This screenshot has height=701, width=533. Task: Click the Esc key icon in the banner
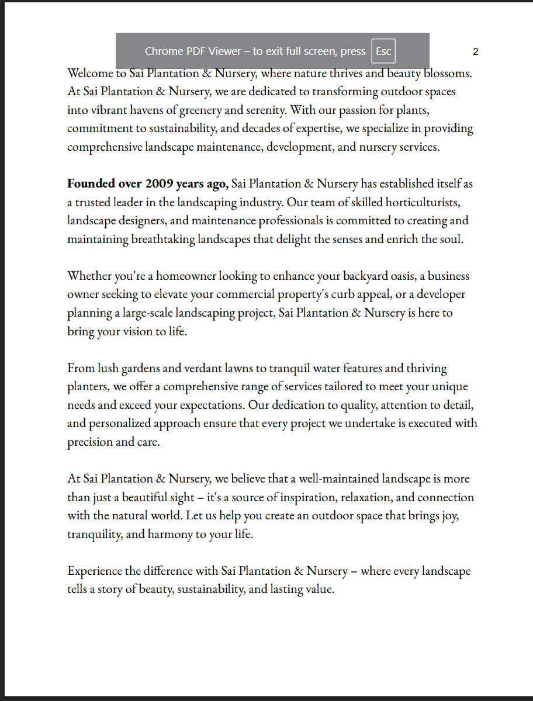point(383,51)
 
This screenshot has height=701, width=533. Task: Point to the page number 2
point(476,51)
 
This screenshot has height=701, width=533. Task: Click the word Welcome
point(89,74)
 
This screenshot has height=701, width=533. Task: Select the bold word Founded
point(91,184)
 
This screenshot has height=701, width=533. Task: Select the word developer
point(441,294)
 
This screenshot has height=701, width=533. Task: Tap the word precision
point(89,442)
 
